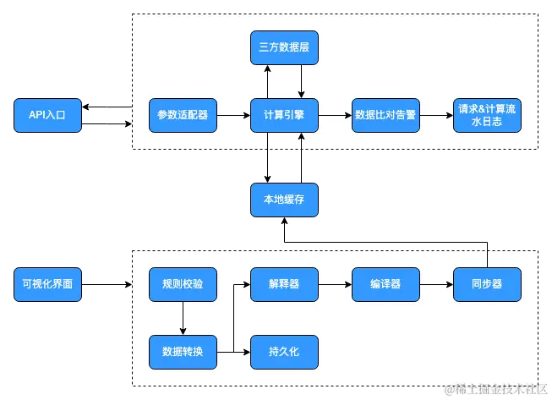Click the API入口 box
(48, 115)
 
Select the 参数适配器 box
(183, 115)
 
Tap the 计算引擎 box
(284, 115)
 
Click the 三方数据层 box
(284, 47)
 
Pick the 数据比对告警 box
(385, 115)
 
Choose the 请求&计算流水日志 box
(487, 115)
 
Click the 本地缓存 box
(284, 200)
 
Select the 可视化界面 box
(48, 284)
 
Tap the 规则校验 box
(183, 284)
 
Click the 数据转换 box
(183, 352)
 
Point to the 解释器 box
(284, 284)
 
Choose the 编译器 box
(385, 284)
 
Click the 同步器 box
(487, 284)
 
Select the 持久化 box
(284, 352)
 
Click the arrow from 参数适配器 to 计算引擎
(233, 115)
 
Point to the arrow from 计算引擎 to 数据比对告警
(335, 115)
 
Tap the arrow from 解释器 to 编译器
(335, 284)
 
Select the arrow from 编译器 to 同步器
(436, 284)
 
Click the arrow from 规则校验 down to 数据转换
(183, 318)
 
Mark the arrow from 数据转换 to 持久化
(235, 352)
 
